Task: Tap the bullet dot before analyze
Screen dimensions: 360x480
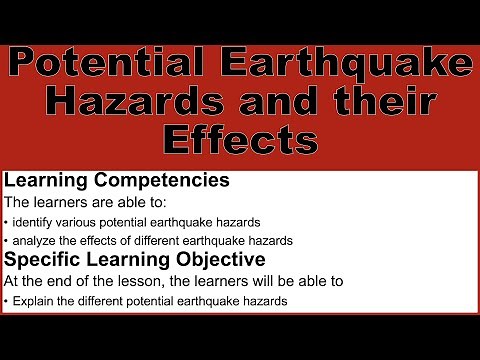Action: (x=6, y=240)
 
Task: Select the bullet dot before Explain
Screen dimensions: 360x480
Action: (x=6, y=300)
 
